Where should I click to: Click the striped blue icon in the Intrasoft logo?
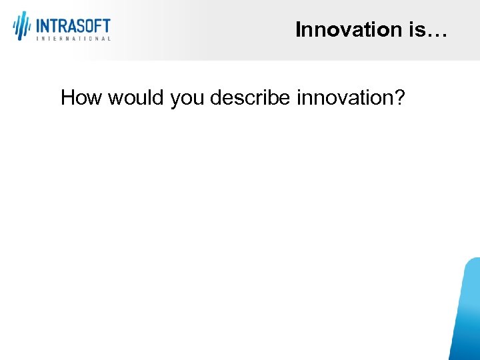pyautogui.click(x=22, y=26)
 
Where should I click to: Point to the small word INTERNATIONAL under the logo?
pyautogui.click(x=73, y=39)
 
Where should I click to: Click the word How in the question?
pyautogui.click(x=81, y=98)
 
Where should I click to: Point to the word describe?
pyautogui.click(x=250, y=98)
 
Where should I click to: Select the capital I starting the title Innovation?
pyautogui.click(x=298, y=29)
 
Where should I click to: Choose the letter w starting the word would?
pyautogui.click(x=115, y=99)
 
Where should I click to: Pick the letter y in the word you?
pyautogui.click(x=175, y=101)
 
